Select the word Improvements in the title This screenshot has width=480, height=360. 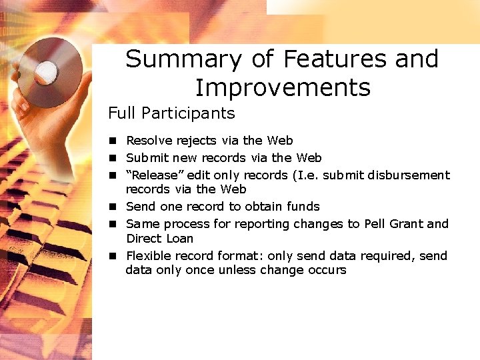pyautogui.click(x=282, y=88)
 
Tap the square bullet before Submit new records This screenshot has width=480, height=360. pyautogui.click(x=114, y=158)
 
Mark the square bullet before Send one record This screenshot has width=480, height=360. pyautogui.click(x=114, y=207)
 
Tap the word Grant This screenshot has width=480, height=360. pyautogui.click(x=406, y=224)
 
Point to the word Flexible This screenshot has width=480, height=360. pyautogui.click(x=149, y=256)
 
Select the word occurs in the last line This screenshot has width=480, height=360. pyautogui.click(x=326, y=271)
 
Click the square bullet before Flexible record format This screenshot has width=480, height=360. pyautogui.click(x=114, y=256)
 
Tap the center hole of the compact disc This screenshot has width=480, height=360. pyautogui.click(x=47, y=69)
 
